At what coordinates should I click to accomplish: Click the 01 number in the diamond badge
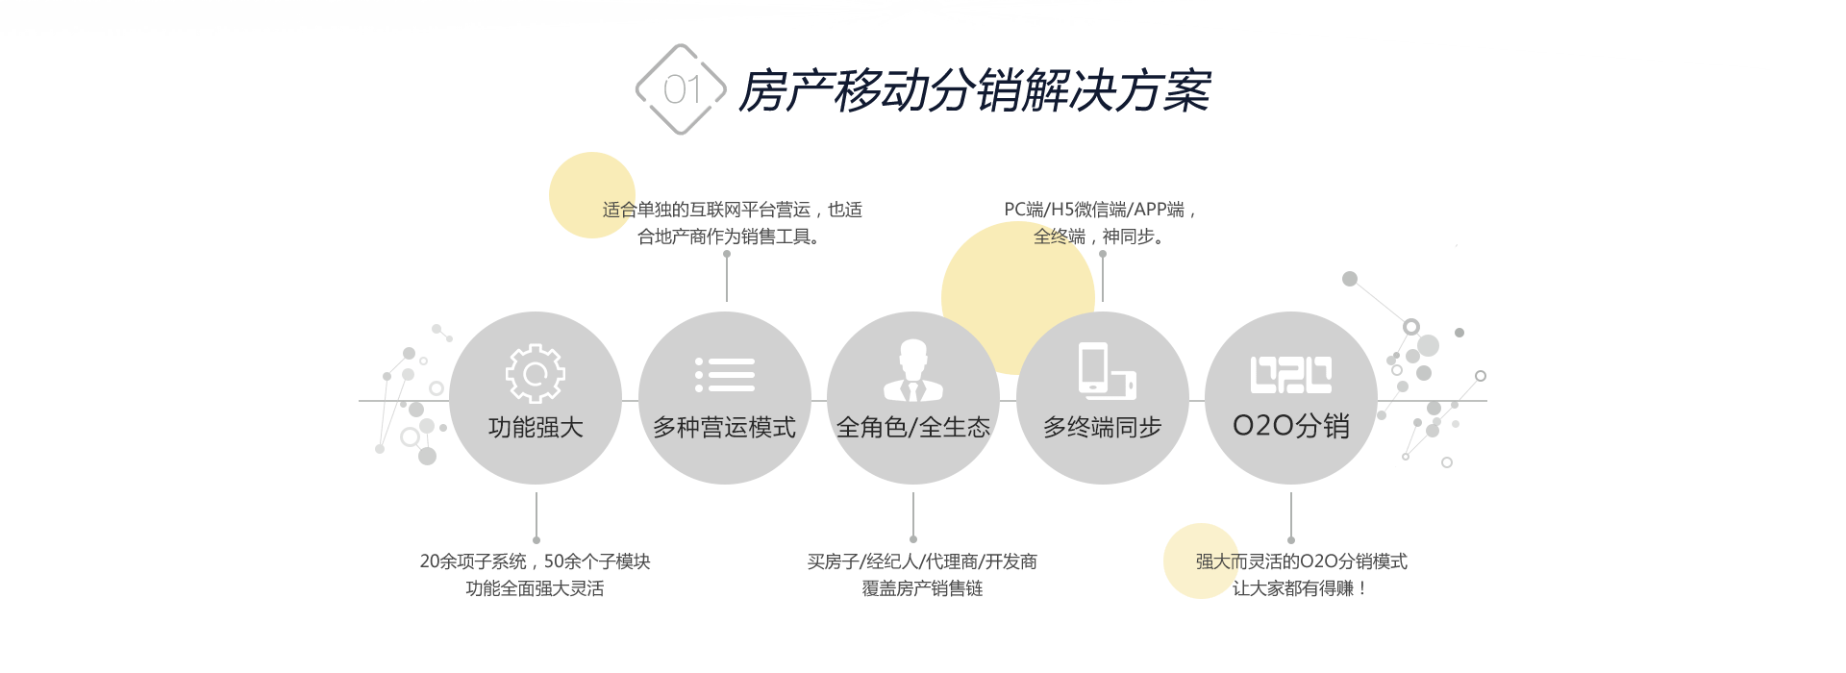pyautogui.click(x=681, y=90)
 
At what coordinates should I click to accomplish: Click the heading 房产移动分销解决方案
pyautogui.click(x=975, y=91)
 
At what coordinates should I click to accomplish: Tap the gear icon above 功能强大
pyautogui.click(x=536, y=373)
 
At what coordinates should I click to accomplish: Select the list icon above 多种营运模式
pyautogui.click(x=725, y=374)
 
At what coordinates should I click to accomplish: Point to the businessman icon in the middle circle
pyautogui.click(x=913, y=371)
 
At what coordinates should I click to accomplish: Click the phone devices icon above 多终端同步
pyautogui.click(x=1106, y=371)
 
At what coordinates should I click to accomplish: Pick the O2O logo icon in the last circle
pyautogui.click(x=1290, y=374)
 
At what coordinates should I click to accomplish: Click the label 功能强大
pyautogui.click(x=536, y=427)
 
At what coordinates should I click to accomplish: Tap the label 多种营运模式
pyautogui.click(x=725, y=427)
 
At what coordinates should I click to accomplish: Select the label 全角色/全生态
pyautogui.click(x=913, y=427)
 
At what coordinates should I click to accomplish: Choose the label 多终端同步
pyautogui.click(x=1103, y=427)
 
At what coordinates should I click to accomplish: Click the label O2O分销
pyautogui.click(x=1290, y=425)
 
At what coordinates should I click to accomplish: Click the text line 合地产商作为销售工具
pyautogui.click(x=728, y=237)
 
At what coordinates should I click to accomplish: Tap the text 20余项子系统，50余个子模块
pyautogui.click(x=535, y=561)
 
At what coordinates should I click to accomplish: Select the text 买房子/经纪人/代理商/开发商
pyautogui.click(x=922, y=561)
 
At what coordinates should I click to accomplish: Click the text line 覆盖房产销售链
pyautogui.click(x=922, y=588)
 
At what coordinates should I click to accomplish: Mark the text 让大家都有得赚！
pyautogui.click(x=1299, y=588)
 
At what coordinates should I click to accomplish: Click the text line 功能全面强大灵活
pyautogui.click(x=535, y=588)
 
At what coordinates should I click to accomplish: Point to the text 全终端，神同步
pyautogui.click(x=1098, y=237)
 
